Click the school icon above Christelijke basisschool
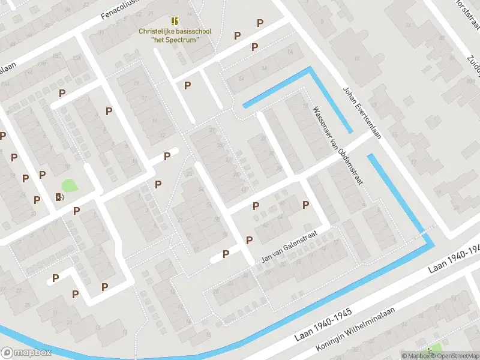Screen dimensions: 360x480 175,21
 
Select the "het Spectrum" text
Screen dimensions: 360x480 175,40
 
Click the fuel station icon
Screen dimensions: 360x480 59,197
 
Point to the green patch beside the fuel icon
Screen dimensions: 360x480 70,186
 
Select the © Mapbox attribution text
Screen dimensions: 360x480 415,356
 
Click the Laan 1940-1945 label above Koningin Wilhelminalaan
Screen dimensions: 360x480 323,326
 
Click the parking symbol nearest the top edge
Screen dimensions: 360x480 260,23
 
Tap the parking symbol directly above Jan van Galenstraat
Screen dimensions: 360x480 249,240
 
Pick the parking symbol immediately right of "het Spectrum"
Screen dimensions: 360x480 237,35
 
